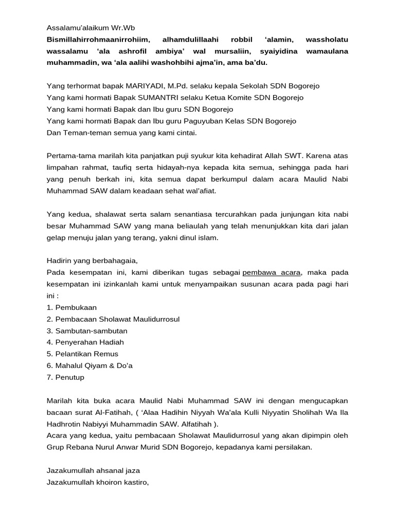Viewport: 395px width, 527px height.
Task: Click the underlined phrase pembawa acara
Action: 271,272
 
